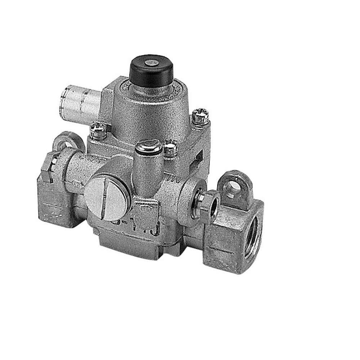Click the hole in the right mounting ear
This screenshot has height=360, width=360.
(x=234, y=186)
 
